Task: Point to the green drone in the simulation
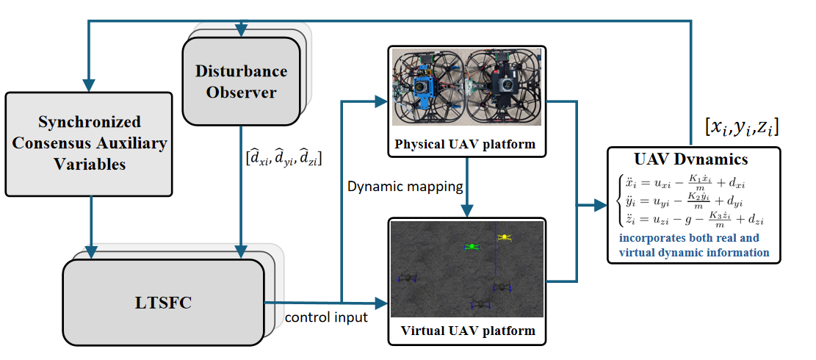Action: (472, 247)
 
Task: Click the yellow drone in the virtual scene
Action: (504, 237)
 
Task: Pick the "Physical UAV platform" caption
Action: (465, 144)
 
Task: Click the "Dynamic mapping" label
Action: (405, 187)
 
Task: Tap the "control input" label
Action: (325, 317)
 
